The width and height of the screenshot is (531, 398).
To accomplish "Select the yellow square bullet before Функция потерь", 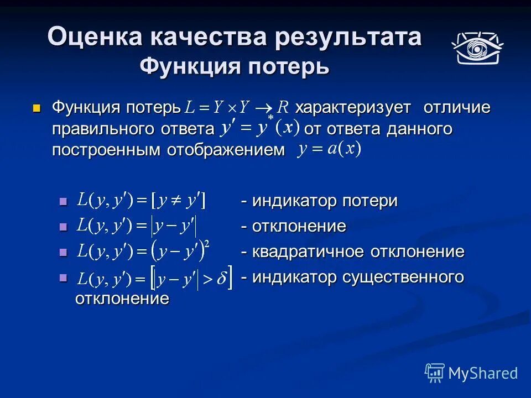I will pos(37,107).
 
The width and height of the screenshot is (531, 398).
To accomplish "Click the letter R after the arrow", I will pos(283,107).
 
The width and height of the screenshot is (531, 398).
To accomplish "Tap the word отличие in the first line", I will pos(457,107).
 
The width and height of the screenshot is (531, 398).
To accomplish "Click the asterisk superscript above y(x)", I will pos(271,118).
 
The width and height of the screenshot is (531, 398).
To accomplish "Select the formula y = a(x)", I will pos(329,149).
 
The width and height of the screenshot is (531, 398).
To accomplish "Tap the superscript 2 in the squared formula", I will pos(207,244).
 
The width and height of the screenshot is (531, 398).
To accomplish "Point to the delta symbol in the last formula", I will pos(221,280).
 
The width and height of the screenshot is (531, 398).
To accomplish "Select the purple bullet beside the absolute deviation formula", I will pos(63,227).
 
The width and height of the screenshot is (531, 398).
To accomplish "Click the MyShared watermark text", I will pos(483,373).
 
